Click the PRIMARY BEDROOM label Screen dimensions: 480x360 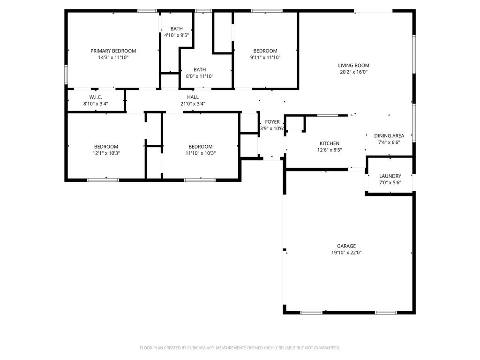113,51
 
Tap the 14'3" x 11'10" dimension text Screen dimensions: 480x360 113,57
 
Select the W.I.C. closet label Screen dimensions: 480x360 96,97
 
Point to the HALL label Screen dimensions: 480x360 193,97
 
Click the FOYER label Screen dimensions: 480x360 272,122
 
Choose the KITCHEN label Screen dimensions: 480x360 330,143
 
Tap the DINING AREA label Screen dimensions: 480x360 389,135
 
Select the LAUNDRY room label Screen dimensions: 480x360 390,176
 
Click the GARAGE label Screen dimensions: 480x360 346,246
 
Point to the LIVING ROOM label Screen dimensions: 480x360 353,65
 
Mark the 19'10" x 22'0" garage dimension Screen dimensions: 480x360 346,253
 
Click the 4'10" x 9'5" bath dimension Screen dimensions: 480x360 177,35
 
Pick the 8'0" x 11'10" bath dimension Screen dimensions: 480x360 200,76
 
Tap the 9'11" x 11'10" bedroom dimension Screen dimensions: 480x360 265,57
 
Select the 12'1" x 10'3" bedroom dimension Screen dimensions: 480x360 106,153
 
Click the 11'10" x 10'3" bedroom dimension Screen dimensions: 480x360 201,153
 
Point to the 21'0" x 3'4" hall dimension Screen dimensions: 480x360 193,104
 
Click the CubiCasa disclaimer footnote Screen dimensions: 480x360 240,348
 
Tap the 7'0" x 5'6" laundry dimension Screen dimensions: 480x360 390,183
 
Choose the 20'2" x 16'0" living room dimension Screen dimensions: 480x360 353,72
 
